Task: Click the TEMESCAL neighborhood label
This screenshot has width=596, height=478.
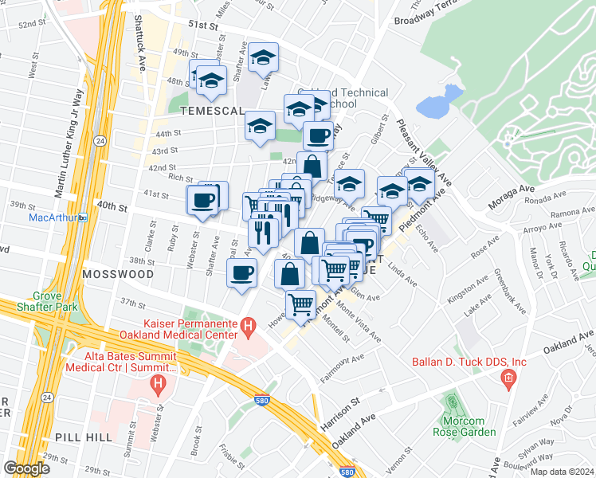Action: [208, 112]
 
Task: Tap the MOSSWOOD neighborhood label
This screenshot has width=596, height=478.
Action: [117, 274]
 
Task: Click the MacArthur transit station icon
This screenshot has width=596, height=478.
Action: [82, 217]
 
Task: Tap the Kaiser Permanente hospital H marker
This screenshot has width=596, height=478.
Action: [248, 325]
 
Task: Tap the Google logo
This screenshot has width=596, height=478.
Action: [27, 468]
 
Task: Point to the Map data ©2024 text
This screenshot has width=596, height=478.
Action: [562, 472]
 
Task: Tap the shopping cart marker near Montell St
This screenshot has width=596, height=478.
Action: [300, 304]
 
